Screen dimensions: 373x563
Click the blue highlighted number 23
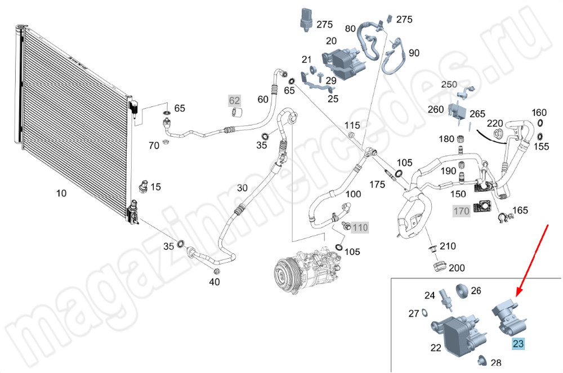coord(517,343)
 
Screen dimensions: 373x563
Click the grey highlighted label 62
coord(234,101)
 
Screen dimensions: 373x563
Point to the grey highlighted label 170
coord(461,212)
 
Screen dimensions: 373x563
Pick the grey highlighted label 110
coord(360,228)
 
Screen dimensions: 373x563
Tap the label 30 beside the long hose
coord(242,187)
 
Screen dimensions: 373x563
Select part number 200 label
coord(457,268)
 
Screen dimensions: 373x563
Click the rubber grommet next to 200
coord(439,264)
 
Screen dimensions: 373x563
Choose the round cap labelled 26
coord(461,291)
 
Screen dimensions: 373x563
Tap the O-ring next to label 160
coord(540,123)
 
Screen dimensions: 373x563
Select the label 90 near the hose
coord(414,53)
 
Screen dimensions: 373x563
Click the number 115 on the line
coord(352,125)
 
